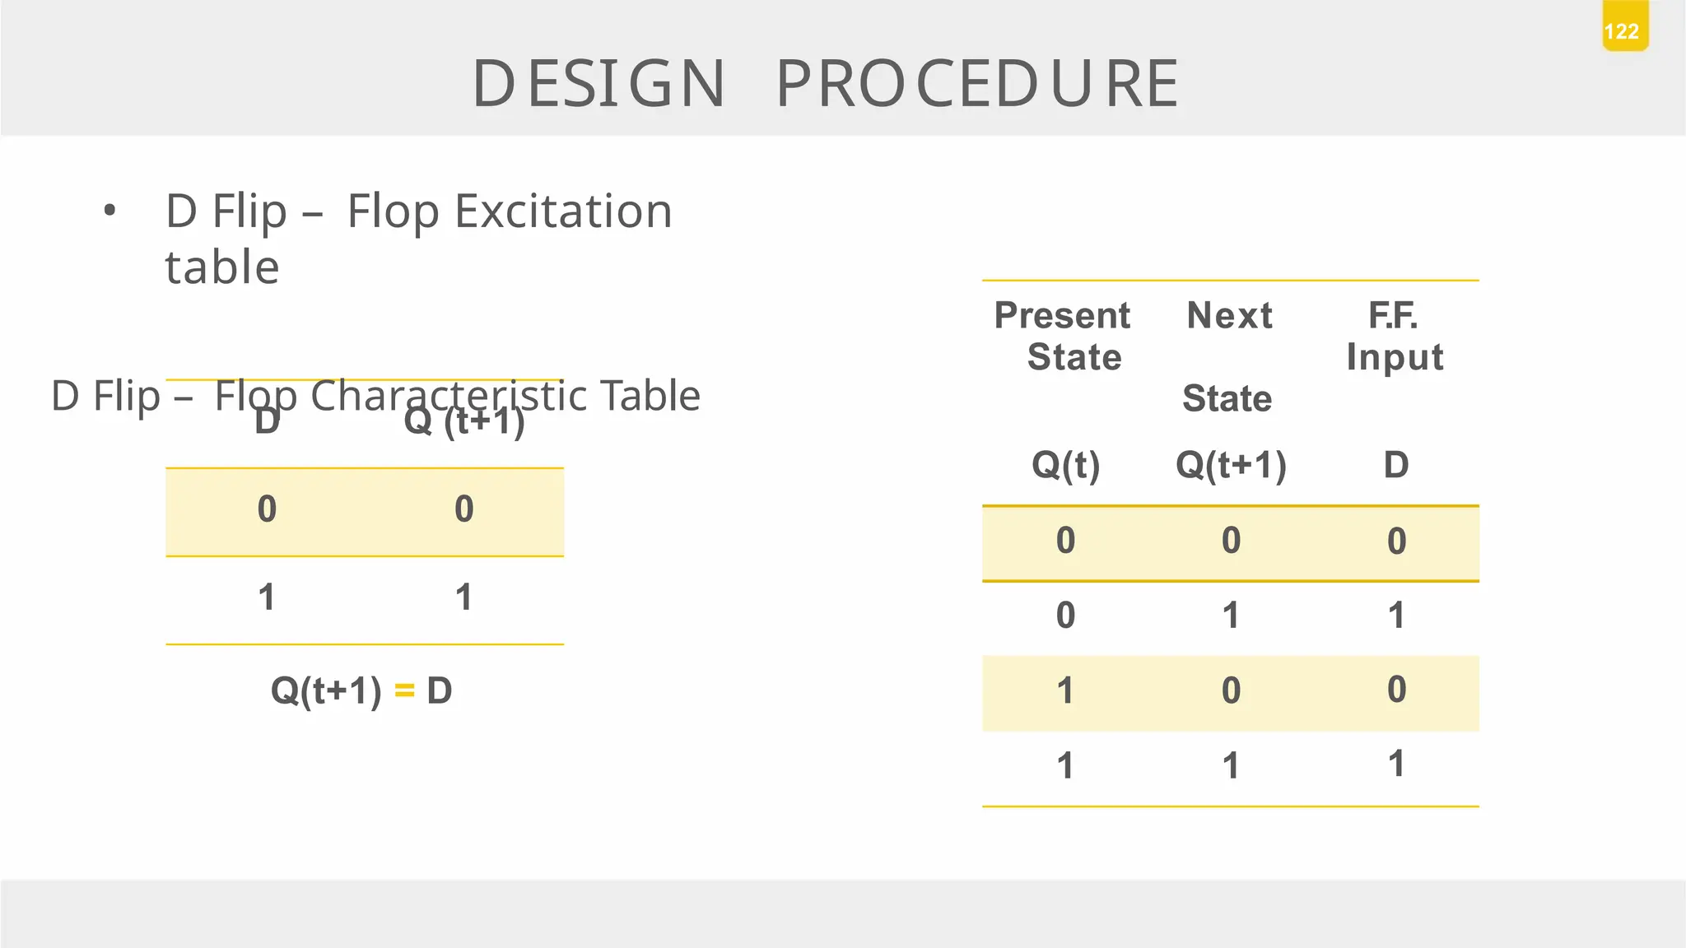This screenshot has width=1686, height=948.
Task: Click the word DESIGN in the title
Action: coord(599,84)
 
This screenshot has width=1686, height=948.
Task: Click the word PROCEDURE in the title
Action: coord(977,84)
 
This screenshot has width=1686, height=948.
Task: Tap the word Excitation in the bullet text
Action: coord(563,211)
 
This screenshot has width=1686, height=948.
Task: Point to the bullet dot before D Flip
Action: coord(109,211)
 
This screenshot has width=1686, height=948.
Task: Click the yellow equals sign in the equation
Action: coord(404,690)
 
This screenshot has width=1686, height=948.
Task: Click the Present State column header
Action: coord(1064,336)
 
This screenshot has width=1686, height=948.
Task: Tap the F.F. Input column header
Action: coord(1394,336)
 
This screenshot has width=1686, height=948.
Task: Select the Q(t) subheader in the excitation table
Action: coord(1065,465)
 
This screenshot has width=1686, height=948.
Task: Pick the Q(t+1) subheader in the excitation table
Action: coord(1231,465)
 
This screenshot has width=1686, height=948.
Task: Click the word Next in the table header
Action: coord(1229,316)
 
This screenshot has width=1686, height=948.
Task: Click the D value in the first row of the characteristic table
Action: coord(267,509)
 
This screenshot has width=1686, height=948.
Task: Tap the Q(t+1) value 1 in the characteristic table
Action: coord(464,597)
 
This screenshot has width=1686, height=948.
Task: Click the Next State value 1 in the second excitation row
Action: coord(1231,616)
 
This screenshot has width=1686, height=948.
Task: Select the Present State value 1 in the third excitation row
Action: coord(1065,690)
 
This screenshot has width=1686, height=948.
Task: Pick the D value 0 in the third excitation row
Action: coord(1396,690)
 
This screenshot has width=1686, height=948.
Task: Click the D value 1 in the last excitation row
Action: coord(1396,764)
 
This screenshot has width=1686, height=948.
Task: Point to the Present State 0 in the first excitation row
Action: coord(1065,541)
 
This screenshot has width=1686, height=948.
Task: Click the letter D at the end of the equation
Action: coord(440,690)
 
